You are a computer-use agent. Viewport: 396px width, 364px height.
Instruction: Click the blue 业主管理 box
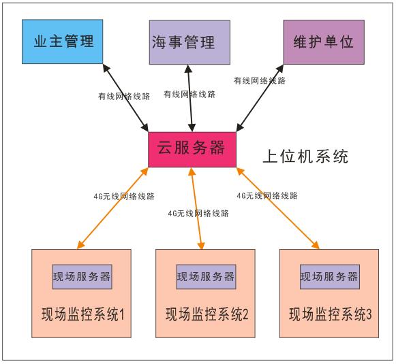63,42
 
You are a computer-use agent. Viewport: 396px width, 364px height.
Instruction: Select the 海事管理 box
189,42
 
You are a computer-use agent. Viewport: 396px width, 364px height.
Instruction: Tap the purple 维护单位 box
324,42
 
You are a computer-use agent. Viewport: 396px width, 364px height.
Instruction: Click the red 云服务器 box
192,150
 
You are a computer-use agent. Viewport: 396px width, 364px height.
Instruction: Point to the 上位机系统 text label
305,156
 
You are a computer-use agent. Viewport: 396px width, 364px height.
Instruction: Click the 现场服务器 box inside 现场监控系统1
82,277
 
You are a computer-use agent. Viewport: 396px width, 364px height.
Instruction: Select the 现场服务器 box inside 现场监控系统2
206,277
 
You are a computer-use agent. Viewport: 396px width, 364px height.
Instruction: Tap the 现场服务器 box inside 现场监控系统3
330,277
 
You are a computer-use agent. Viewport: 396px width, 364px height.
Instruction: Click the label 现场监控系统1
83,314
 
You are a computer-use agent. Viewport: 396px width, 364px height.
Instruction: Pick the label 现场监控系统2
207,314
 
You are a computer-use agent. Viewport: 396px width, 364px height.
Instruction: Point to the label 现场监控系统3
331,314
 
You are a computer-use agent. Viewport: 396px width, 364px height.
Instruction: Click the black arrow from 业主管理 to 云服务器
125,98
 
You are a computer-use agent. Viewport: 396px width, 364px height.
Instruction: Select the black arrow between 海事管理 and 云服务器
190,98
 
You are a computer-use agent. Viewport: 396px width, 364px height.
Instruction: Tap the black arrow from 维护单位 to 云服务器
260,98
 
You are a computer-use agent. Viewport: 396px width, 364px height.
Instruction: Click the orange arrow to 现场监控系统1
112,208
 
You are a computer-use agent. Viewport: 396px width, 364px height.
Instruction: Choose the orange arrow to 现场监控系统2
197,208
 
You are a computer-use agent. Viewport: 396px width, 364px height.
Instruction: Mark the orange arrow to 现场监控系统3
278,208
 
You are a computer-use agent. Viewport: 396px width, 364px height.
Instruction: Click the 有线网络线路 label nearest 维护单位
260,81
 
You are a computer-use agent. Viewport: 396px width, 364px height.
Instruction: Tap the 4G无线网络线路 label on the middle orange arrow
198,214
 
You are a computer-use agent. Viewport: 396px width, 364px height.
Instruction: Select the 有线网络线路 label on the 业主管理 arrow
124,97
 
